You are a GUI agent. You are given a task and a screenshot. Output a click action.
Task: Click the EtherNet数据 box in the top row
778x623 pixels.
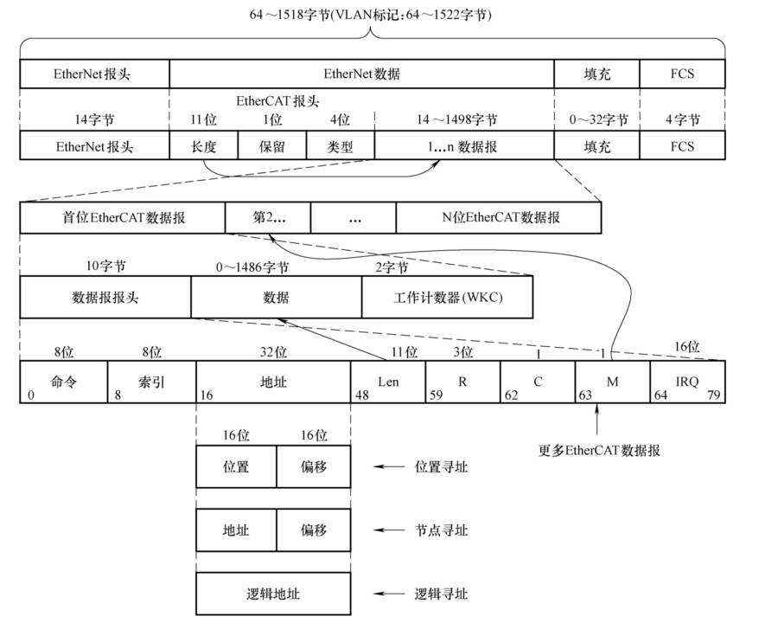coord(361,74)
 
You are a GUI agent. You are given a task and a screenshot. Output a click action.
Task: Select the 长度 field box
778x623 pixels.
coord(203,146)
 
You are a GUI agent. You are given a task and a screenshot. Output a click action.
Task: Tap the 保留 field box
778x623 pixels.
coord(271,146)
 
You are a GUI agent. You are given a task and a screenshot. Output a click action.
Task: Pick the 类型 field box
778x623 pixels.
coord(340,146)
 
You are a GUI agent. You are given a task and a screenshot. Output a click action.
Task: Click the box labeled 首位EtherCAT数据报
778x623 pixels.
coord(122,218)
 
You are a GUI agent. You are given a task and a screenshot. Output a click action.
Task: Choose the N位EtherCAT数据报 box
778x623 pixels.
coord(499,218)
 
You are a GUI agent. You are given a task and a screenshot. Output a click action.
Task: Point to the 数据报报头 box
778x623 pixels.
coord(105,297)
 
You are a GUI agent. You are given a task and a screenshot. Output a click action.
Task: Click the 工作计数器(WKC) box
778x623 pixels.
coord(447,297)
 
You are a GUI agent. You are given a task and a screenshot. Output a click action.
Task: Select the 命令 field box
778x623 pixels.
coord(64,382)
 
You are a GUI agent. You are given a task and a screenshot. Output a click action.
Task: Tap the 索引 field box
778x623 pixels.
coord(151,382)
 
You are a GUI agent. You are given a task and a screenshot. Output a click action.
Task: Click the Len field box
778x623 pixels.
coord(387,382)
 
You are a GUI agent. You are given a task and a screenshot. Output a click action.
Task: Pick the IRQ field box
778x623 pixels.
coord(687,382)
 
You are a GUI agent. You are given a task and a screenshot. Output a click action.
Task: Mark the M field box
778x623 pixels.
coord(612,382)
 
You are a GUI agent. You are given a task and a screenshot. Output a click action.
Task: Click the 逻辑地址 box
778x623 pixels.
coord(273,594)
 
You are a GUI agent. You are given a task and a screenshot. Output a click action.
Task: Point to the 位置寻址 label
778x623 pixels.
coord(441,466)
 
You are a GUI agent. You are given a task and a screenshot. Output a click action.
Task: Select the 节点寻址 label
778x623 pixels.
coord(441,530)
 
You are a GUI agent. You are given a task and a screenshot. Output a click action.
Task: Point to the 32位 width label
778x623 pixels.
coord(273,352)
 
